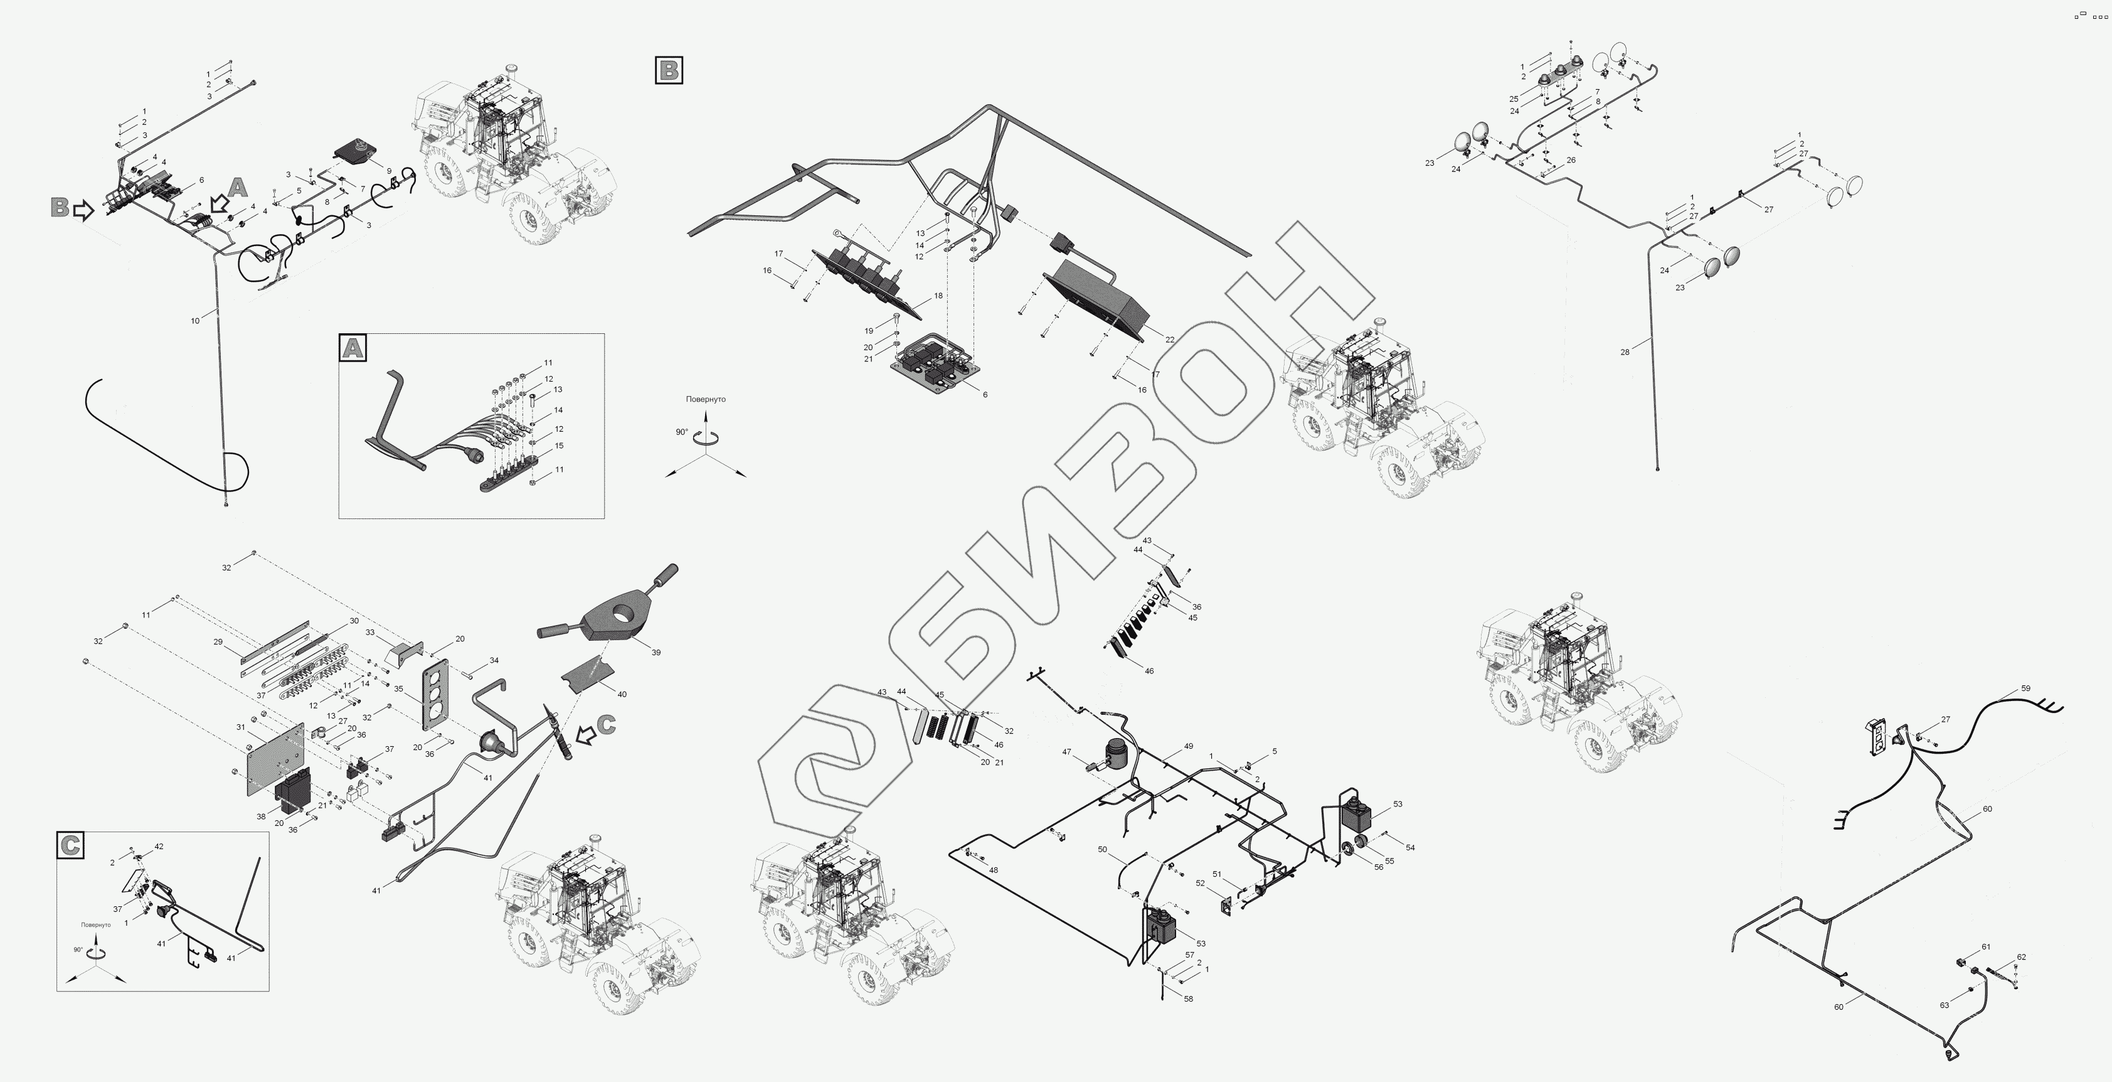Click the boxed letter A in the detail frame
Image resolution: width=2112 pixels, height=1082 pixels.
pos(353,348)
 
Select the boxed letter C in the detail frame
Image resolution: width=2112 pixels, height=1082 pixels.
pos(70,845)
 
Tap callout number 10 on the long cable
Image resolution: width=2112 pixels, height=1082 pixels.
pos(195,321)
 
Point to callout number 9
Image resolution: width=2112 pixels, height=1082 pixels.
pos(389,171)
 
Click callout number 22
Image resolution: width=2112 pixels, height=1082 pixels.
pos(1170,340)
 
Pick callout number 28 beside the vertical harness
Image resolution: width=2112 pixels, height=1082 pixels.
pos(1625,352)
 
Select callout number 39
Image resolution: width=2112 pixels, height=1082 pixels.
pos(656,652)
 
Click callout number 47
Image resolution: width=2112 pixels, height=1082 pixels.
pos(1066,751)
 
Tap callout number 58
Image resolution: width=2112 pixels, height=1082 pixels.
pos(1189,999)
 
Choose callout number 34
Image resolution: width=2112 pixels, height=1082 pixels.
pos(494,660)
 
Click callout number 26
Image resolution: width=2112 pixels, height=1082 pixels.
pos(1571,160)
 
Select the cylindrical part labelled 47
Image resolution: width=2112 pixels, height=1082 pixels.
pos(1116,754)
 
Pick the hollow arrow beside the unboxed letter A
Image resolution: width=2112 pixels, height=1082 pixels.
pos(219,203)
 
